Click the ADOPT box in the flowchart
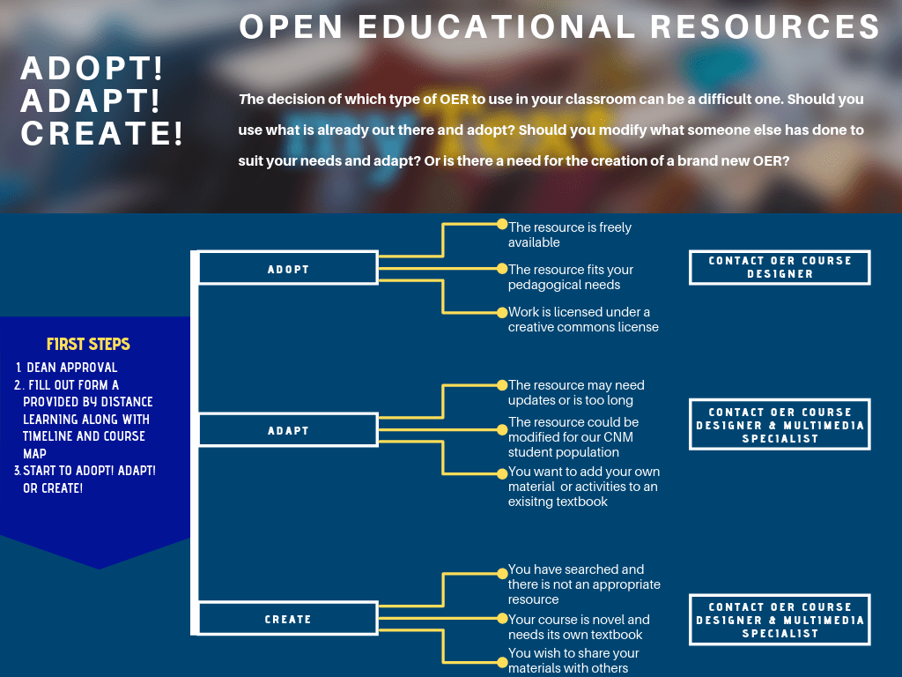pyautogui.click(x=288, y=269)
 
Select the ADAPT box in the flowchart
pyautogui.click(x=288, y=430)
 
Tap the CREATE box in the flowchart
pyautogui.click(x=288, y=619)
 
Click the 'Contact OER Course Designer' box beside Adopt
pyautogui.click(x=780, y=267)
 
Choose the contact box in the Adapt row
pyautogui.click(x=780, y=425)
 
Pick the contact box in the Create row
pyautogui.click(x=780, y=620)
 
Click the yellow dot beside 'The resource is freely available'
pyautogui.click(x=502, y=225)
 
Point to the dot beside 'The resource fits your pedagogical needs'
pyautogui.click(x=502, y=268)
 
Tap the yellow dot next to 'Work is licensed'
pyautogui.click(x=502, y=310)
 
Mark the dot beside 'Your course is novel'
pyautogui.click(x=502, y=619)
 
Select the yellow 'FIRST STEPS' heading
pyautogui.click(x=88, y=345)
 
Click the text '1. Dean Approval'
pyautogui.click(x=67, y=368)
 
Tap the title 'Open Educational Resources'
pyautogui.click(x=559, y=26)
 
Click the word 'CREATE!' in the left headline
pyautogui.click(x=102, y=134)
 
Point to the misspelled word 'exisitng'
pyautogui.click(x=533, y=502)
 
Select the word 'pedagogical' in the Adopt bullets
pyautogui.click(x=544, y=285)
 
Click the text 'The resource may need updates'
pyautogui.click(x=576, y=385)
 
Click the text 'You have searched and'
pyautogui.click(x=576, y=569)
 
